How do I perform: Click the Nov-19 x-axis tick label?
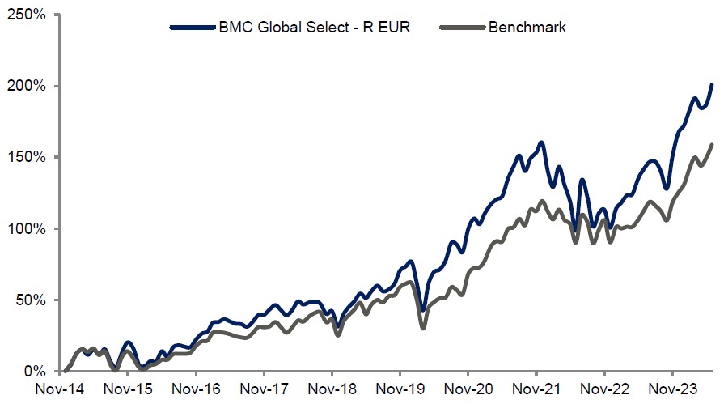click(402, 389)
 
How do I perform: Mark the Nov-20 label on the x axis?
click(470, 389)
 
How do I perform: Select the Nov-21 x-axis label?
click(538, 389)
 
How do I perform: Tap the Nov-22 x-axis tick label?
click(606, 389)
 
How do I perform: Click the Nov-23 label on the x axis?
click(674, 389)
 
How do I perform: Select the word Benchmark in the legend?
click(527, 27)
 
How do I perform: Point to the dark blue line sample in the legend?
click(192, 27)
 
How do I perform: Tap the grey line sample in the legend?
click(462, 27)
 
